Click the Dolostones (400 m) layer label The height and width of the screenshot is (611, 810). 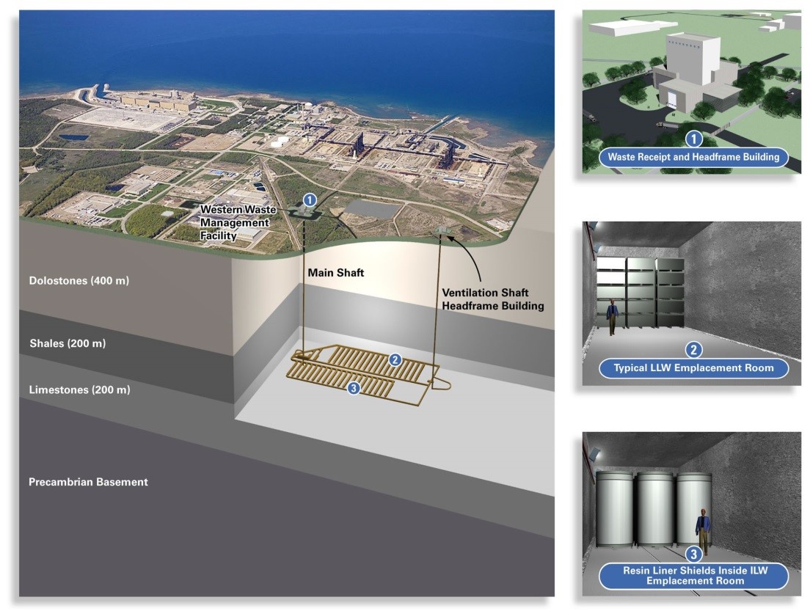click(79, 281)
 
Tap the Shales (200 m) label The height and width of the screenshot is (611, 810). click(67, 343)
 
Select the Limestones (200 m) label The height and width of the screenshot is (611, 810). click(79, 390)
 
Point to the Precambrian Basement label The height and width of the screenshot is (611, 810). click(88, 482)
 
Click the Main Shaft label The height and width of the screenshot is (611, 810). click(336, 273)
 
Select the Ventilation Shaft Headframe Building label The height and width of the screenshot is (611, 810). click(493, 299)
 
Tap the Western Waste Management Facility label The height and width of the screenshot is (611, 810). click(237, 222)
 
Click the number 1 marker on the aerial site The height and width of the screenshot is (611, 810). click(310, 200)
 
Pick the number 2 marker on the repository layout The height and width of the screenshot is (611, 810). click(395, 360)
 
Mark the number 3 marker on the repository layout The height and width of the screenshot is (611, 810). click(354, 388)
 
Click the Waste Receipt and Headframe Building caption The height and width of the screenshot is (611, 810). click(693, 157)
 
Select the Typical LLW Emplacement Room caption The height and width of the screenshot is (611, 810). click(693, 368)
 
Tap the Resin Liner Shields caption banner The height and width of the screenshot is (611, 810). click(694, 576)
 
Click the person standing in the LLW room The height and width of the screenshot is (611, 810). click(612, 317)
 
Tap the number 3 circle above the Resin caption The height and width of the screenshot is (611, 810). click(693, 555)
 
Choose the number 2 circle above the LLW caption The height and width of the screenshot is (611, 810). click(693, 350)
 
